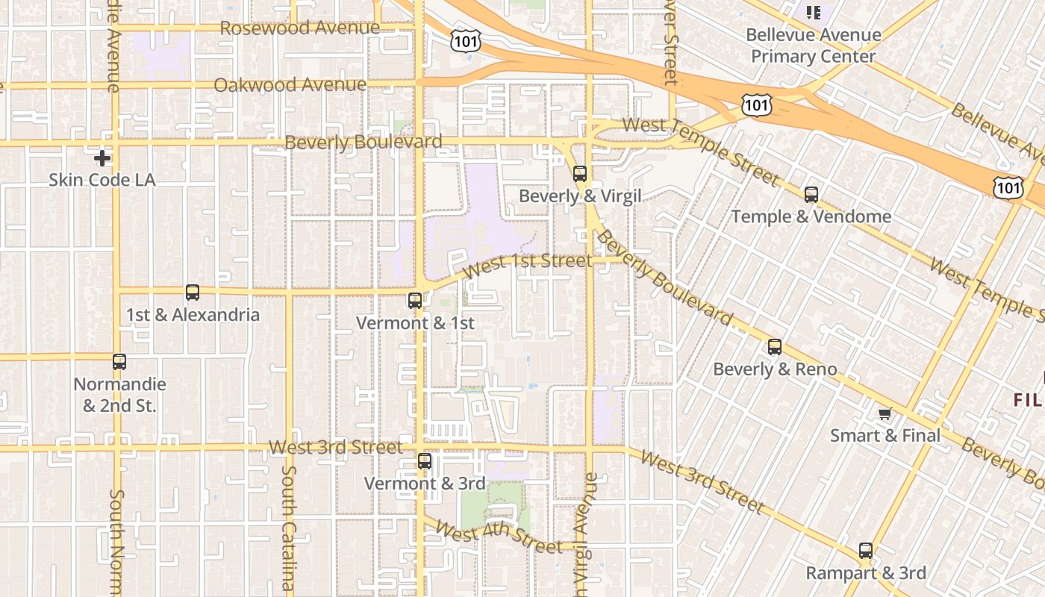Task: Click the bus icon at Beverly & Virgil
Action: tap(580, 174)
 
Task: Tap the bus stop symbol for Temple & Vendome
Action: tap(811, 195)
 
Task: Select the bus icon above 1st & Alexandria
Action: tap(193, 293)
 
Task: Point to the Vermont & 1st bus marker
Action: tap(415, 301)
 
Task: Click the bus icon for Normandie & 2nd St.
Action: tap(119, 362)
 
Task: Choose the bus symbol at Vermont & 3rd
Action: tap(425, 461)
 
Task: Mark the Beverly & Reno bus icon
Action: tap(775, 347)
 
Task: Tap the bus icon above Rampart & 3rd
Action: tap(866, 551)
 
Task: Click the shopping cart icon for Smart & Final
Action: tap(885, 413)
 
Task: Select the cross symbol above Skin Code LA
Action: tap(102, 158)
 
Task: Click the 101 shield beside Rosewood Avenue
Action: tap(465, 41)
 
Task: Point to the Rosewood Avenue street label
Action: tap(300, 28)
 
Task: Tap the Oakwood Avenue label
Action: tap(290, 85)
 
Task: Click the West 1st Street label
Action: tap(527, 266)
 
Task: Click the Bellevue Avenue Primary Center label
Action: tap(814, 46)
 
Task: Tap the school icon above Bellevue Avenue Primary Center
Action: tap(814, 12)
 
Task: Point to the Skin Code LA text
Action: tap(102, 180)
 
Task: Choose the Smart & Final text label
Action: tap(885, 435)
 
